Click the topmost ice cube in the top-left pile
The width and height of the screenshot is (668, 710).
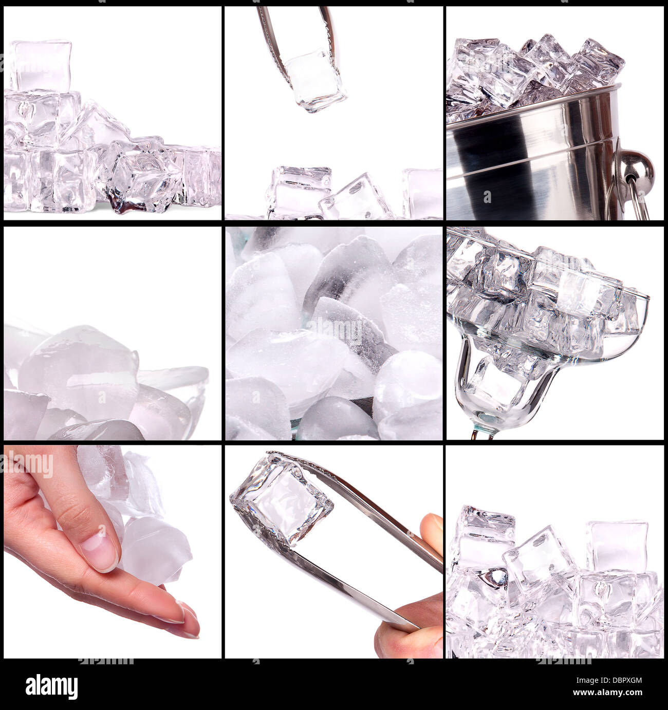41,66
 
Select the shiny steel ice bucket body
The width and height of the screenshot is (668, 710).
529,170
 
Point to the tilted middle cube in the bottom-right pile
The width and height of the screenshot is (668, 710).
537,565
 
